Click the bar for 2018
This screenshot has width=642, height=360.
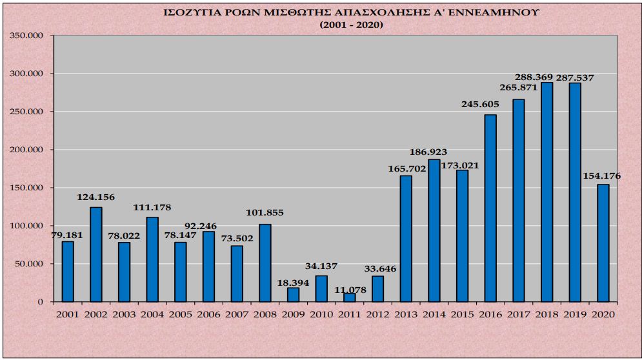coord(547,192)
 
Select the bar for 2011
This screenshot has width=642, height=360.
coord(349,297)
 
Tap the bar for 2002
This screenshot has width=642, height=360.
coord(95,254)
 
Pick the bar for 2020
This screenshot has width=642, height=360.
coord(603,243)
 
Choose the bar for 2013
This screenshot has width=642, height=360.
coord(406,238)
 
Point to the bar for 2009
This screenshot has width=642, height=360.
coord(293,294)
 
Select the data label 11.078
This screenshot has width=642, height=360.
coord(350,290)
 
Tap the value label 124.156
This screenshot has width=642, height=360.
coord(95,197)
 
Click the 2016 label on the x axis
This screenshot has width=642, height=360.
coord(490,314)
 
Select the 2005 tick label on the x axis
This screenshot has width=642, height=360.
coord(180,314)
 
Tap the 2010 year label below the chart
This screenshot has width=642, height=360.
coord(321,314)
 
